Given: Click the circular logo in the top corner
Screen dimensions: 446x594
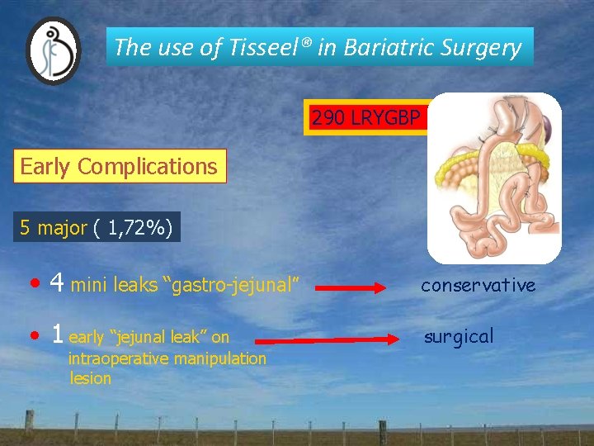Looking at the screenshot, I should tap(54, 51).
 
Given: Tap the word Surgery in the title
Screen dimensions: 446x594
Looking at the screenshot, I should tap(484, 48).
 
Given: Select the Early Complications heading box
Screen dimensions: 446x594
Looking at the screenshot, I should tap(119, 166).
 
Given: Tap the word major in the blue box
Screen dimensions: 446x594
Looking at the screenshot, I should tap(62, 228).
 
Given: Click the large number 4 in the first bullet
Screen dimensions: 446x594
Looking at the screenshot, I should tap(57, 284).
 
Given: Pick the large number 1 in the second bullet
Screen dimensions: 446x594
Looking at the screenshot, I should tap(57, 334).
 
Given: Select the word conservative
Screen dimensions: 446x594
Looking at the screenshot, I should tap(478, 285).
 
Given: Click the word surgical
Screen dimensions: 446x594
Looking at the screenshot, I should tap(459, 336).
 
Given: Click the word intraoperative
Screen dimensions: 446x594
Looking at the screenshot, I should tap(120, 358).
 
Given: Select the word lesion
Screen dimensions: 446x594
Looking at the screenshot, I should tap(91, 378).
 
